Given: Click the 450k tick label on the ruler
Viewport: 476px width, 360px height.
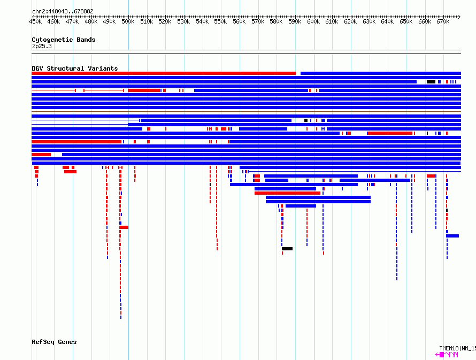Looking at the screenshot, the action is (35, 21).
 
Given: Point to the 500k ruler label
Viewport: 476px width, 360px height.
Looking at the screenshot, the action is (128, 21).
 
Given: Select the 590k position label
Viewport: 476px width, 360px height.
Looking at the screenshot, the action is (295, 21).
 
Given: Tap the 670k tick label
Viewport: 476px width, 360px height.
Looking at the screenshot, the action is (443, 21).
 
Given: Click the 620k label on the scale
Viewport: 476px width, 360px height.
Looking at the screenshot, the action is (350, 21).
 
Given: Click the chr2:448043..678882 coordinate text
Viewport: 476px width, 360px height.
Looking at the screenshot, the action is (63, 11).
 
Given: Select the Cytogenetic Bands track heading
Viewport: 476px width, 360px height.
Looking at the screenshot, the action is (64, 40).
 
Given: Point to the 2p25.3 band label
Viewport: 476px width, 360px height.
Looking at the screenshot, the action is (42, 46).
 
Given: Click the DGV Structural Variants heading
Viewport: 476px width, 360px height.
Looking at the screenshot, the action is (75, 68).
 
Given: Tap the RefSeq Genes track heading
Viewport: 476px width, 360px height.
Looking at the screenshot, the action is (54, 342).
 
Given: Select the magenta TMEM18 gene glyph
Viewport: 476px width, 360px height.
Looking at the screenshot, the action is (447, 354).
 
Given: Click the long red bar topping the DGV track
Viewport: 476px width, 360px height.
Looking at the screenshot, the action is (164, 73).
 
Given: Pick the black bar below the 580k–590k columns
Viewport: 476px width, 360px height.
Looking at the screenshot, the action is (287, 249).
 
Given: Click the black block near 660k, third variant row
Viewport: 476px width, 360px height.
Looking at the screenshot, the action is (431, 82).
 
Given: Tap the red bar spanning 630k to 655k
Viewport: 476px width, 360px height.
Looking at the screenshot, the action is (390, 133).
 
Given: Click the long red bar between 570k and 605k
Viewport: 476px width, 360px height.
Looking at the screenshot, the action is (288, 193).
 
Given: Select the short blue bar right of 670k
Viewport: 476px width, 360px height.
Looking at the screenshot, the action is (452, 236).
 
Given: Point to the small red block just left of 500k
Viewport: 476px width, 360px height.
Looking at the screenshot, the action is (124, 227).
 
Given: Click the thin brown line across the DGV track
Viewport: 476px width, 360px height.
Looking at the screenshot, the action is (246, 111).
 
